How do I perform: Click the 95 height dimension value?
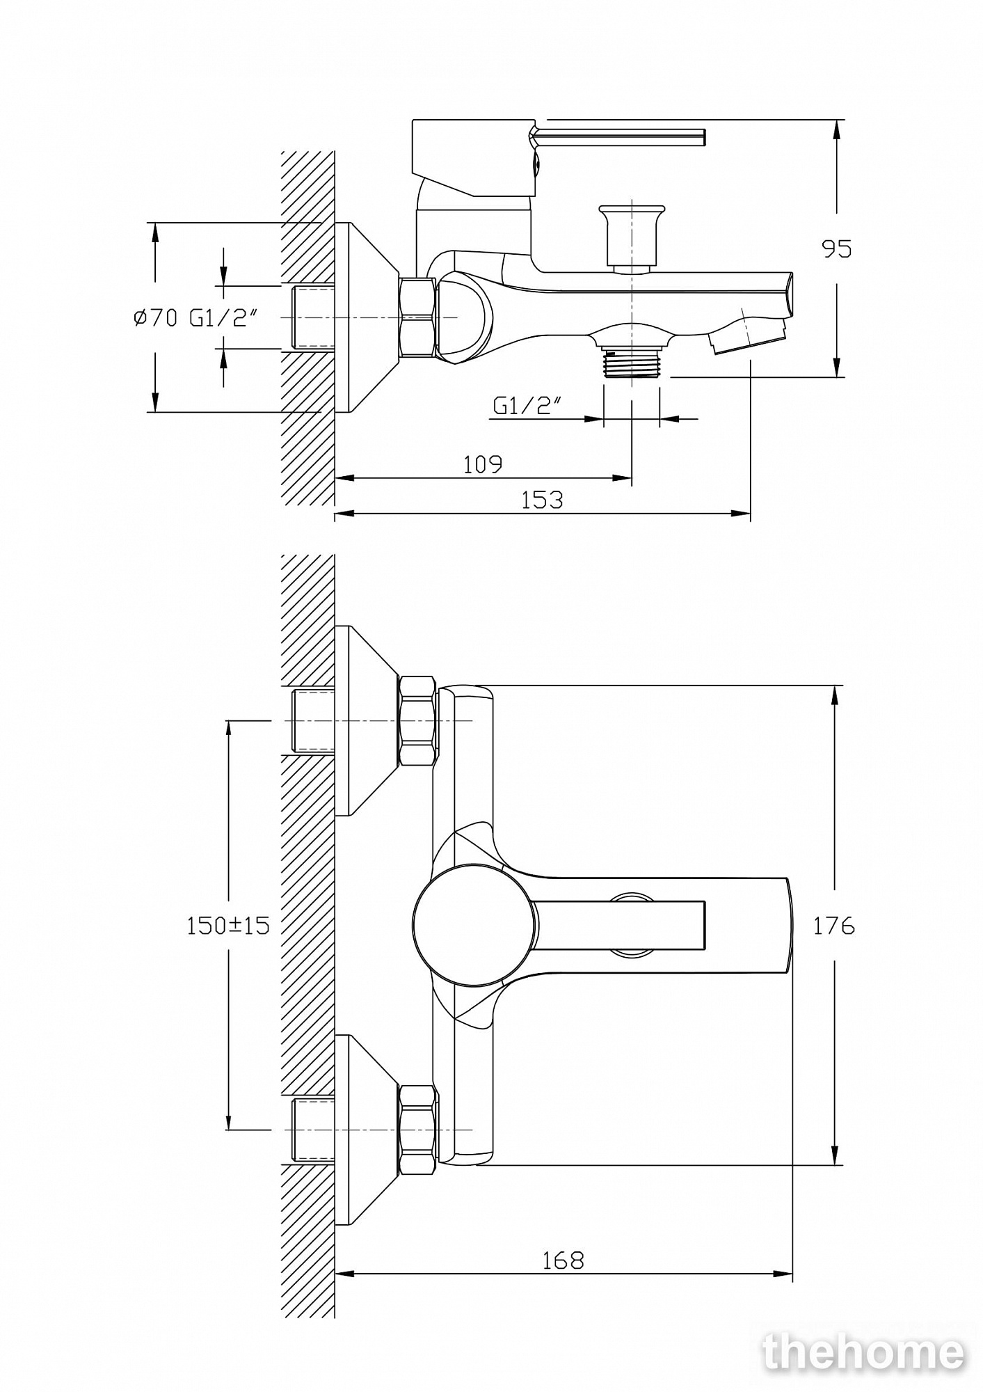click(x=837, y=248)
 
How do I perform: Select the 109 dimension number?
click(x=483, y=464)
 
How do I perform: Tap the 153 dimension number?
click(x=542, y=500)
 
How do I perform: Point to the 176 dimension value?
click(x=834, y=926)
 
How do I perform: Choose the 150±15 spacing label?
click(x=227, y=926)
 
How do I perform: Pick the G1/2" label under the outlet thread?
click(x=527, y=405)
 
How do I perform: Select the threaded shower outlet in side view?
click(x=632, y=363)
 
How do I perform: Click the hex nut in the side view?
click(x=417, y=318)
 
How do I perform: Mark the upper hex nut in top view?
click(x=418, y=720)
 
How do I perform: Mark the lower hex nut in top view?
click(x=418, y=1130)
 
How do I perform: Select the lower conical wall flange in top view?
click(x=367, y=1130)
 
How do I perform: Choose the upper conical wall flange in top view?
click(x=367, y=720)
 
